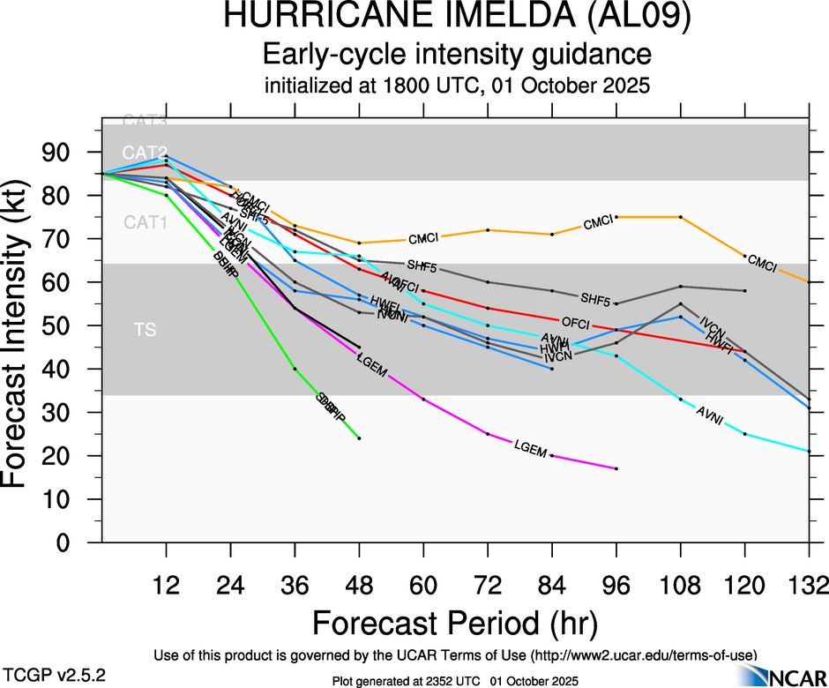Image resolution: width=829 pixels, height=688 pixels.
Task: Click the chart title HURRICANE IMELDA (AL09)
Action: (x=457, y=18)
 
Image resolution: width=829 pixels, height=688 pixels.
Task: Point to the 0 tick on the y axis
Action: (x=79, y=542)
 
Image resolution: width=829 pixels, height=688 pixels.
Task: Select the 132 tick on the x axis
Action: (x=810, y=585)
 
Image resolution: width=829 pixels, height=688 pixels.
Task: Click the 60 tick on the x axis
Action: (x=423, y=585)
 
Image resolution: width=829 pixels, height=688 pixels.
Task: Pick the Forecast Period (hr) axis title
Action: (x=456, y=623)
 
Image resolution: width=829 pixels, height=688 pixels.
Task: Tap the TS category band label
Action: (x=145, y=330)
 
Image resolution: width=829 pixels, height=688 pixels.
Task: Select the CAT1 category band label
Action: (x=145, y=222)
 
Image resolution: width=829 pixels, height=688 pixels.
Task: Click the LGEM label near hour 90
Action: (x=533, y=447)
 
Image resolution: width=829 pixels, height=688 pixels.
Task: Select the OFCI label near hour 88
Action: (x=575, y=323)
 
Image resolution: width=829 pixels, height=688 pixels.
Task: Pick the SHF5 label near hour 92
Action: (x=595, y=297)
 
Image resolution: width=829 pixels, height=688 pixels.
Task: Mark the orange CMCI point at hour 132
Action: (x=810, y=281)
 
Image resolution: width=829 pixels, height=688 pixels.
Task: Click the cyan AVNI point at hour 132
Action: (x=810, y=451)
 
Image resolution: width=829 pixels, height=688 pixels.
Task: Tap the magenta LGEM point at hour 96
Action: (x=616, y=468)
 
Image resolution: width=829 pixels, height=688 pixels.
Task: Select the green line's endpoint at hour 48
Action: (x=359, y=437)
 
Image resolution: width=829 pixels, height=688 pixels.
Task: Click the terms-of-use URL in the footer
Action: (x=642, y=654)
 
